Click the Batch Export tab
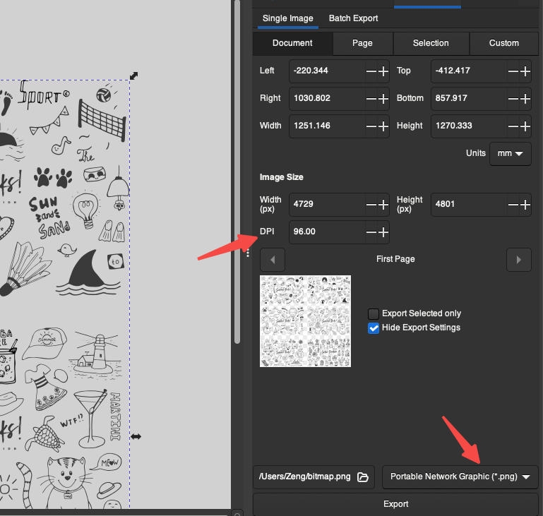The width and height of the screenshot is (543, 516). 353,18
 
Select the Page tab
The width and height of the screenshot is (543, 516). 362,43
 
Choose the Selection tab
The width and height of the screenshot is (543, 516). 431,43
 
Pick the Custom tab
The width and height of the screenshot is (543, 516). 504,43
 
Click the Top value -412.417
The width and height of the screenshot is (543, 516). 463,71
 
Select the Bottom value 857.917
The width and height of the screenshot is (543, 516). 463,98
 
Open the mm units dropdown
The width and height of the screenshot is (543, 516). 511,153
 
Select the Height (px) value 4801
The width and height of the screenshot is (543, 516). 463,204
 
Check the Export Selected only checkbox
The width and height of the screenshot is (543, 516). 374,313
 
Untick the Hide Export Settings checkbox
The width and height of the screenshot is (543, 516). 374,328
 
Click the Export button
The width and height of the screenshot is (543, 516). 395,504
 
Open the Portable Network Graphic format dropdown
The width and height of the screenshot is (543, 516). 460,477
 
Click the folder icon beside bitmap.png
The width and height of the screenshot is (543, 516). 363,477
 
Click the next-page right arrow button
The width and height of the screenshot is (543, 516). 519,260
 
